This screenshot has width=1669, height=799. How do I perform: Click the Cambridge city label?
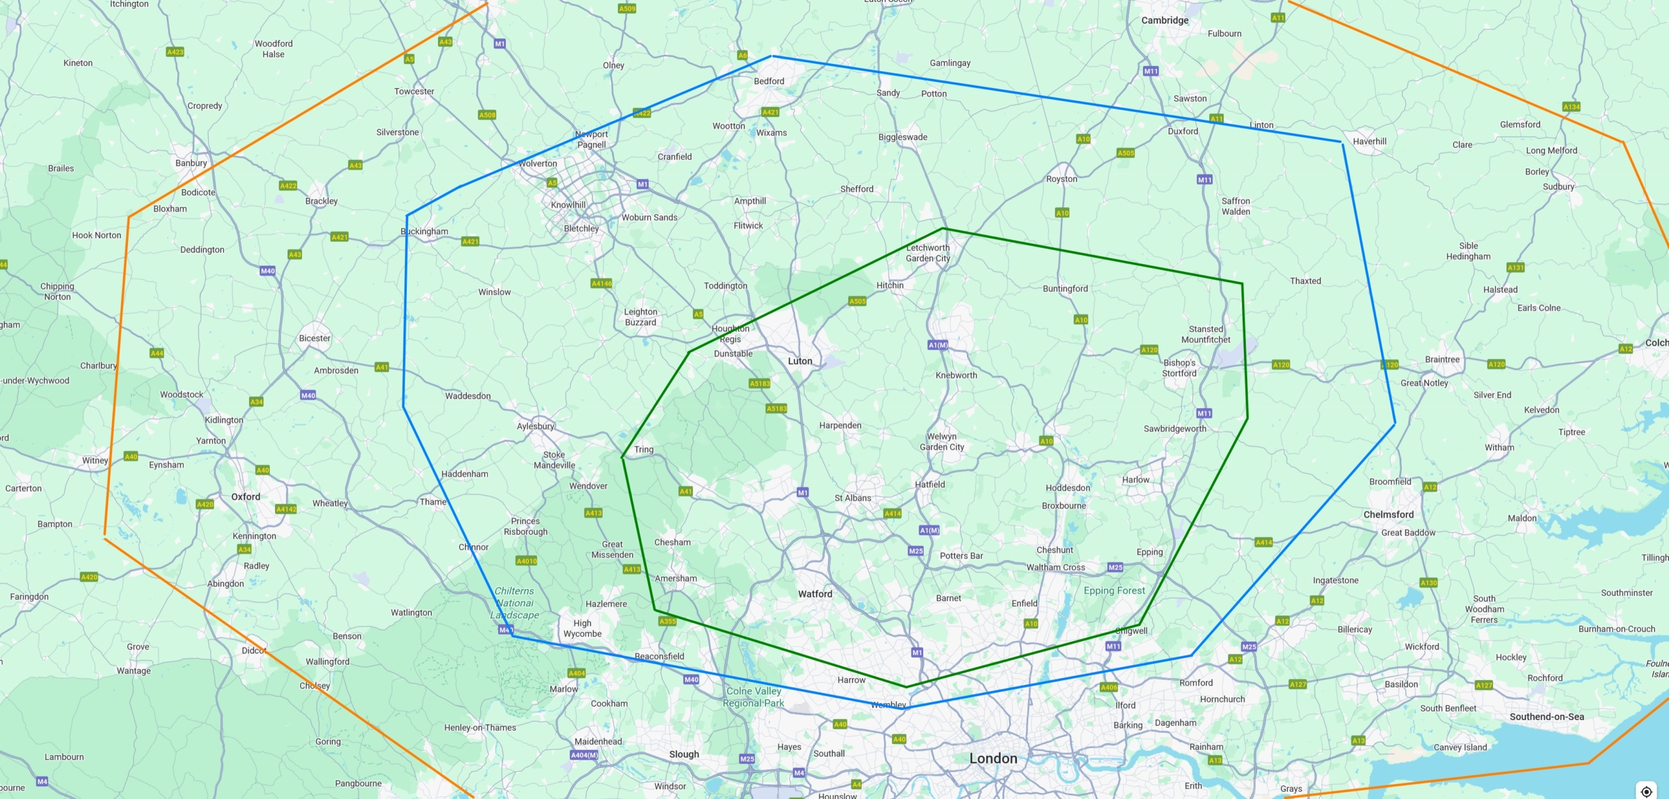(1164, 20)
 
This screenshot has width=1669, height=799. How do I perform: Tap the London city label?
(993, 758)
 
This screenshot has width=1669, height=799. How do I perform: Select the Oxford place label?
(246, 496)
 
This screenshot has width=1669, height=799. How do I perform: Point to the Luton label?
(800, 361)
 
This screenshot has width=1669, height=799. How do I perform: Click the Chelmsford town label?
(1389, 514)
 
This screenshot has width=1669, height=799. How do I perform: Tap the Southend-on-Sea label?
(1546, 716)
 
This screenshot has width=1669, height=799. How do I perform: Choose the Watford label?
(815, 594)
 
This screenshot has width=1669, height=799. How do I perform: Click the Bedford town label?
(769, 81)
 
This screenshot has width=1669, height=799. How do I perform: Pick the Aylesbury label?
(535, 426)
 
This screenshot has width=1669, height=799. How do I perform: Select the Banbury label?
(191, 163)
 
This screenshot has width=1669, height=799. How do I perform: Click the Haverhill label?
(1369, 141)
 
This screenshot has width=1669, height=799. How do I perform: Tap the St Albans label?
(853, 498)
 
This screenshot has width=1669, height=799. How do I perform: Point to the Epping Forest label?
(1114, 590)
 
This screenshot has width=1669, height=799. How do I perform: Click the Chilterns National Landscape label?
(514, 603)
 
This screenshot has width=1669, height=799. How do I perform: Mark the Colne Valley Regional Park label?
(754, 697)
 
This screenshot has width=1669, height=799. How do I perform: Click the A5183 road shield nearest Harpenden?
(776, 408)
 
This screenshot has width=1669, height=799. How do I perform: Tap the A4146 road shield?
(601, 283)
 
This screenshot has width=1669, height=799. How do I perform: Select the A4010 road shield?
(526, 560)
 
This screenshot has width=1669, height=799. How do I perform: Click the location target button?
(1646, 791)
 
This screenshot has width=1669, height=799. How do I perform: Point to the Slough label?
(684, 754)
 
